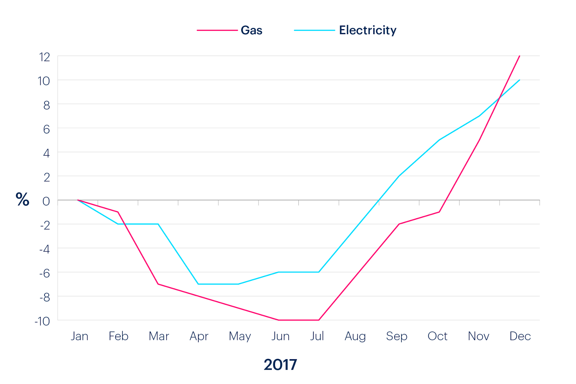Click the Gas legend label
point(251,30)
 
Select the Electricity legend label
point(368,30)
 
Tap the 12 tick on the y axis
point(45,57)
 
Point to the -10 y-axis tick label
point(42,321)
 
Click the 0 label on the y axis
point(46,201)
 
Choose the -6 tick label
point(45,273)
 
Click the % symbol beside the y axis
point(22,199)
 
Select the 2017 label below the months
point(280,365)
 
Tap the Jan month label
point(80,336)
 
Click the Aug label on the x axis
point(355,336)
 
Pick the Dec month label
point(520,336)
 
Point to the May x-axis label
point(240,336)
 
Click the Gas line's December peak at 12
point(519,56)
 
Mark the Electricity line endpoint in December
point(519,80)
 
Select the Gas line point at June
point(279,320)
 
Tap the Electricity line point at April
point(198,284)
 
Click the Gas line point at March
point(158,284)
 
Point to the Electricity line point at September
point(399,176)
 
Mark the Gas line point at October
point(439,212)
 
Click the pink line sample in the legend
point(217,30)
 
